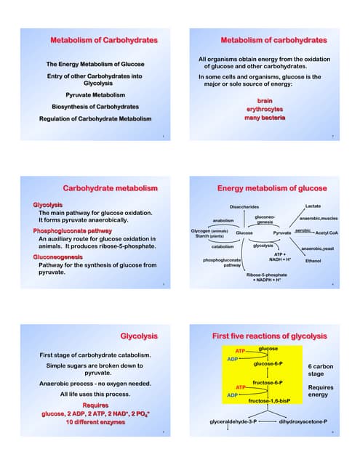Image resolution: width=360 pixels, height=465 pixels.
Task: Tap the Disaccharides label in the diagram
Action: pos(244,207)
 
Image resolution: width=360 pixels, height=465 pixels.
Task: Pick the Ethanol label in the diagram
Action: pos(313,260)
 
